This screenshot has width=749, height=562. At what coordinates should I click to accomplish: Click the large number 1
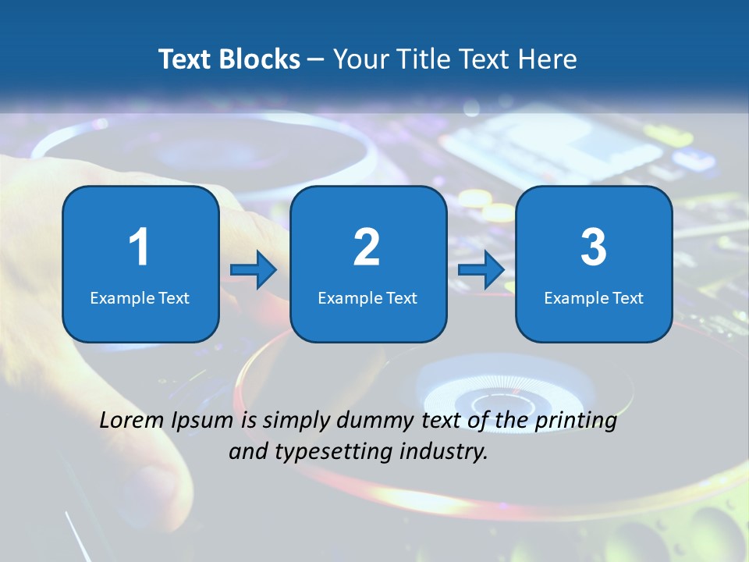140,247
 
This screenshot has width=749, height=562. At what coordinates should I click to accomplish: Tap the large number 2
367,247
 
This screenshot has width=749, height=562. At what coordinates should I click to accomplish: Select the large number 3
594,247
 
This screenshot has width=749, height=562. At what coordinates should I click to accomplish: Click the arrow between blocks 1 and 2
254,270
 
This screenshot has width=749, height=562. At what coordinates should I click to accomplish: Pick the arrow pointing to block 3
481,270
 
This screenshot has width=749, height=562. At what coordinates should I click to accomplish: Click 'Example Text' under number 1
140,298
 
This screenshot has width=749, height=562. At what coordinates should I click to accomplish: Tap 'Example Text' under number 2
367,298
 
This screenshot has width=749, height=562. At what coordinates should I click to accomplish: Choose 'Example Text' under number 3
594,298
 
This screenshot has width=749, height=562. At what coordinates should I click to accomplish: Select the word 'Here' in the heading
549,59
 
